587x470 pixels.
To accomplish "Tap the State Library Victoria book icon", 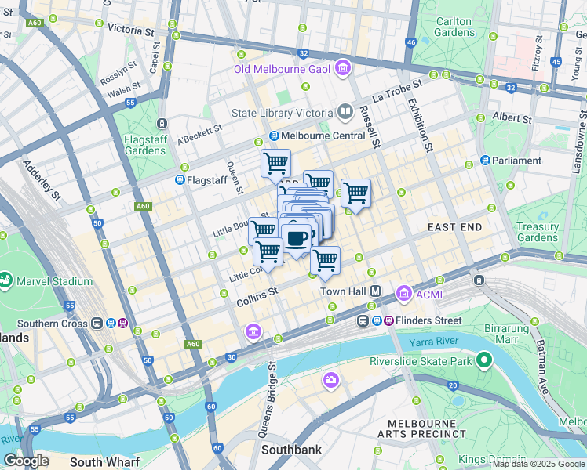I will click(x=344, y=113).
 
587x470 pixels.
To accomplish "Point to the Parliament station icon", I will click(x=485, y=161).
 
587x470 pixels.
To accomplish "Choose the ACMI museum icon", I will click(x=403, y=294).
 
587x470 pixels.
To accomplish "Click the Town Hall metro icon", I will click(x=376, y=291).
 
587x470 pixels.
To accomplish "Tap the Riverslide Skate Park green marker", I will click(x=484, y=361).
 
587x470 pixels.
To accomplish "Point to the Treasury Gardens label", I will click(x=538, y=232).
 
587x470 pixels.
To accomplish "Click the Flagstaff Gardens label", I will click(x=145, y=145).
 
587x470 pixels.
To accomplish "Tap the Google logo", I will click(x=27, y=461).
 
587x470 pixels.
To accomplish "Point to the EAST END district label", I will click(x=455, y=226).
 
